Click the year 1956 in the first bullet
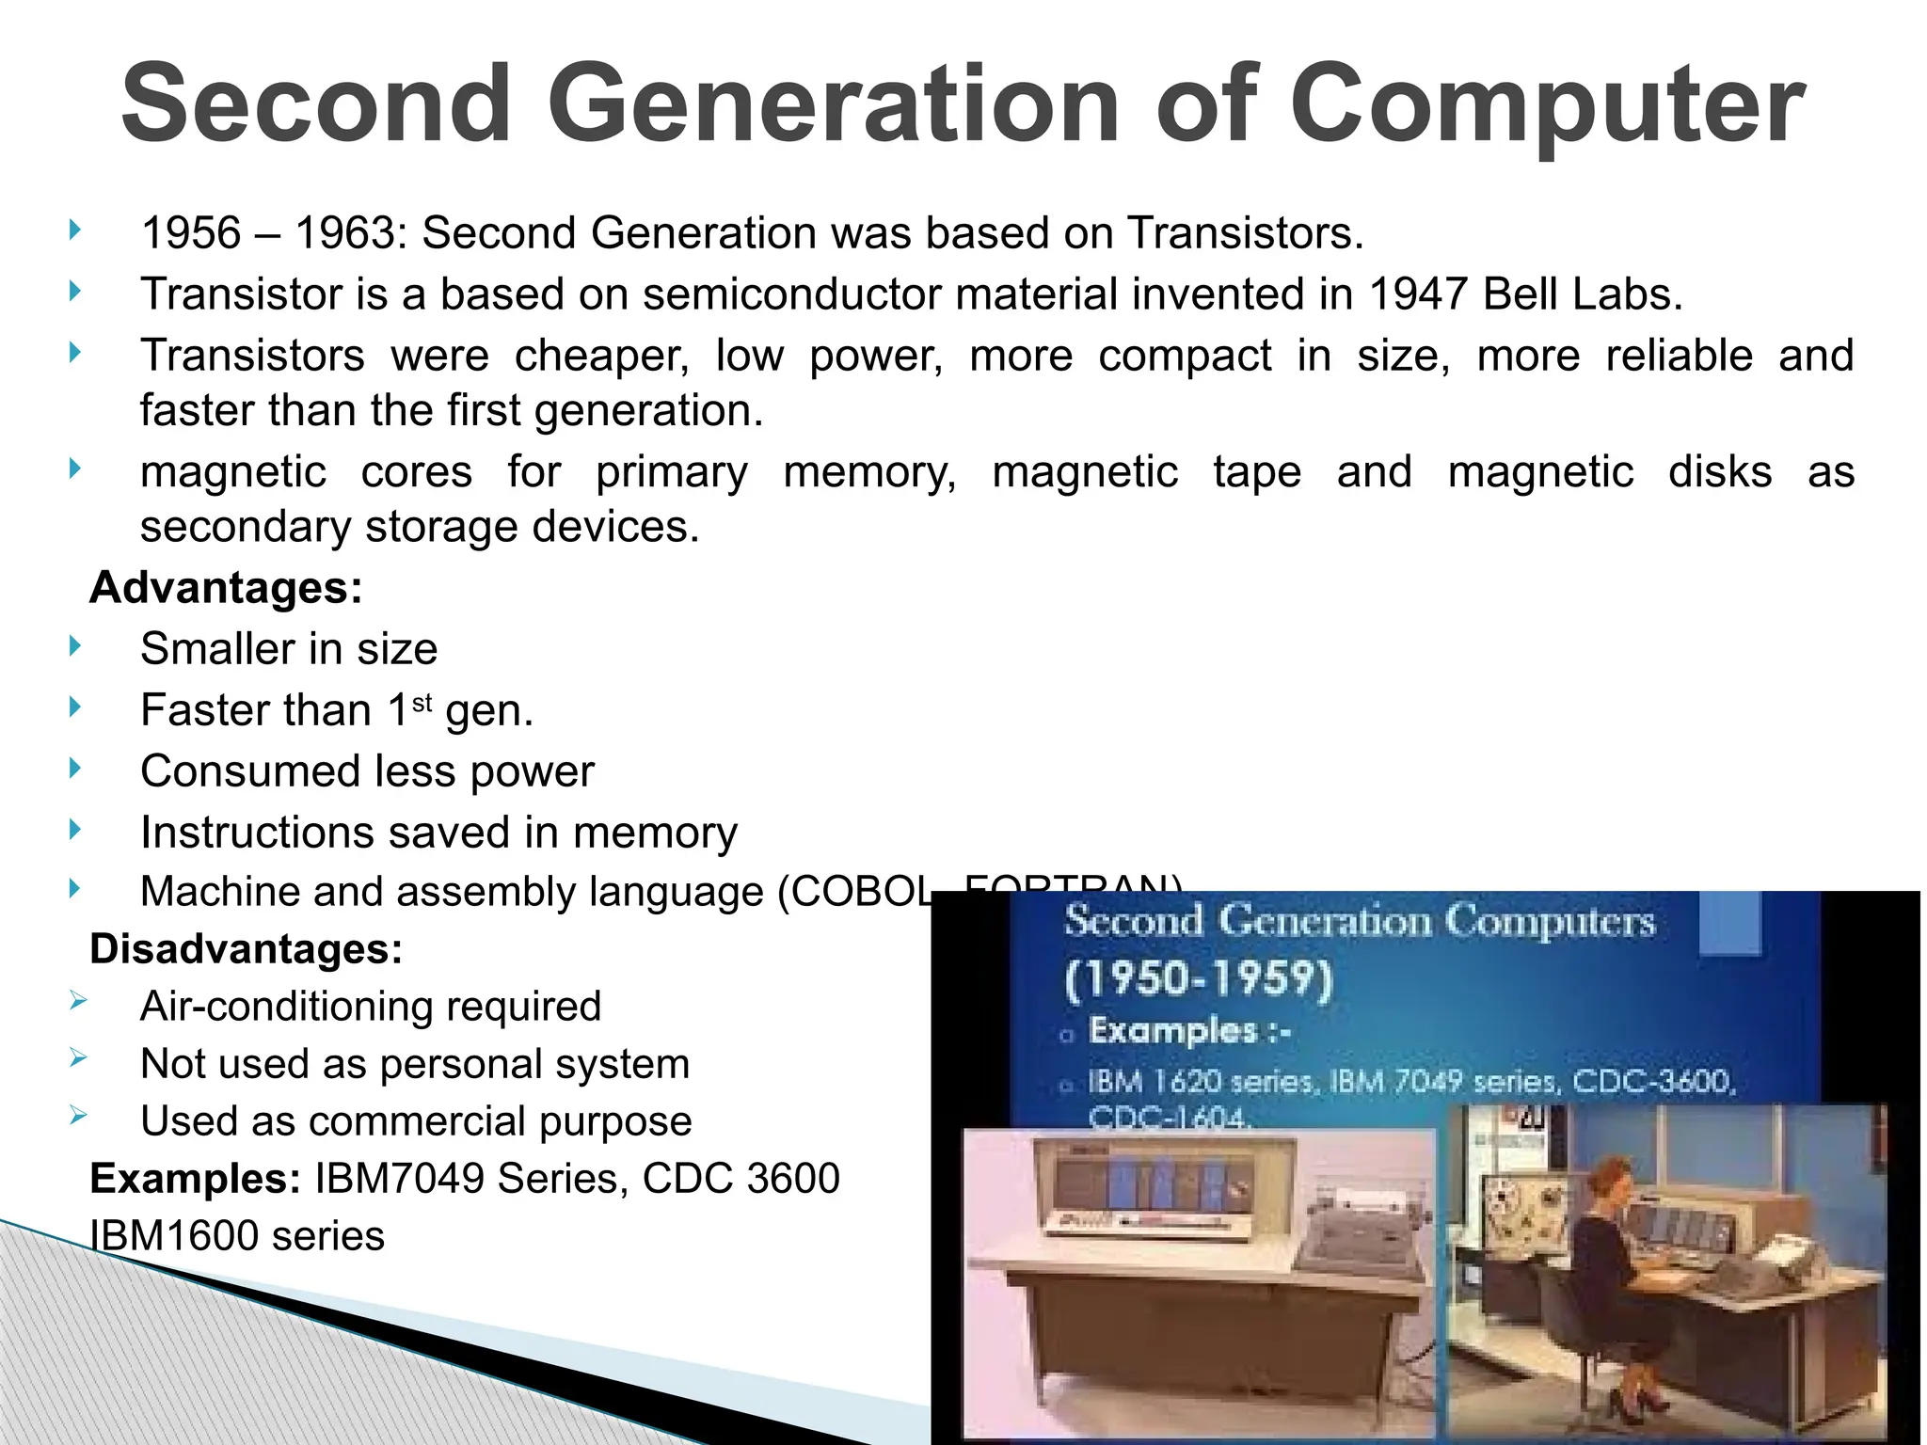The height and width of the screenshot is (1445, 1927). point(191,232)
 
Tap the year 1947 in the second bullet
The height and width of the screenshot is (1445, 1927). point(1417,294)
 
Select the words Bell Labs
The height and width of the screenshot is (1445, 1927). point(1581,294)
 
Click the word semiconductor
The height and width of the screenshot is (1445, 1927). point(791,294)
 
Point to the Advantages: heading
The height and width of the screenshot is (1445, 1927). point(226,588)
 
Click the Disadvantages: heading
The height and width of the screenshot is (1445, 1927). point(246,948)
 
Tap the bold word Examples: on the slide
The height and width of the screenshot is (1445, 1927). point(195,1179)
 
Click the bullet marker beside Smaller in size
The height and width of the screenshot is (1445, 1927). point(75,646)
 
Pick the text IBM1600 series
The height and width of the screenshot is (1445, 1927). point(237,1236)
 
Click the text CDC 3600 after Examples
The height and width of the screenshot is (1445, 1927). point(741,1179)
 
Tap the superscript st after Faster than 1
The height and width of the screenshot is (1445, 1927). point(422,702)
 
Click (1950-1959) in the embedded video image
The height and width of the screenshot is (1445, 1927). point(1199,980)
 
